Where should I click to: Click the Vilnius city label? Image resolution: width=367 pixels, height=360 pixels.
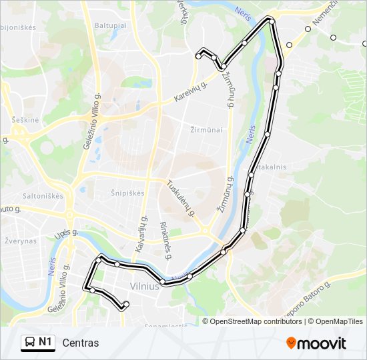point(145,285)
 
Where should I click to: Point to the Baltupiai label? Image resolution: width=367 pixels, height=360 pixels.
point(110,25)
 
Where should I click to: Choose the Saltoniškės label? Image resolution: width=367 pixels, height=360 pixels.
point(43,196)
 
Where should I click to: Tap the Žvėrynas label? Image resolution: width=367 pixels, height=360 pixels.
point(20,240)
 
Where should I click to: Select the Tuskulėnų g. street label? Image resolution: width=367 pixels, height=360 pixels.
point(181,198)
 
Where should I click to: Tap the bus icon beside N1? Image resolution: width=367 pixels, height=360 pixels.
point(30,343)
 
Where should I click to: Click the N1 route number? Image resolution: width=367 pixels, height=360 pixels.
point(45,343)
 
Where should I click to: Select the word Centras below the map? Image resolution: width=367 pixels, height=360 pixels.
point(80,343)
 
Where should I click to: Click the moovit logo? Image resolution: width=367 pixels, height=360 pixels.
point(316,343)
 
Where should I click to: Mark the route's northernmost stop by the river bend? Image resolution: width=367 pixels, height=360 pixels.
point(270,21)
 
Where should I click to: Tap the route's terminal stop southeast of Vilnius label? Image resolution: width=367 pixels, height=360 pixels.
point(125,305)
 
